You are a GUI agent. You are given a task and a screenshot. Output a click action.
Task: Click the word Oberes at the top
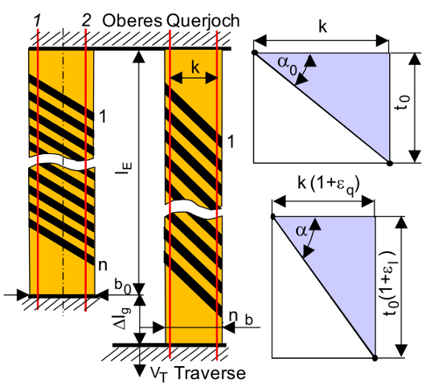[x=132, y=21]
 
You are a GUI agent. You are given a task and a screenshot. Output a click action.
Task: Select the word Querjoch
[x=203, y=21]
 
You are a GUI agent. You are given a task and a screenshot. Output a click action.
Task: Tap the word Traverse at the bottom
[x=210, y=373]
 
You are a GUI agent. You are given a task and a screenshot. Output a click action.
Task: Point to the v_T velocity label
[x=158, y=374]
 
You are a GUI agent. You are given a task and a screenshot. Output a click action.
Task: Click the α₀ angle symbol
[x=287, y=64]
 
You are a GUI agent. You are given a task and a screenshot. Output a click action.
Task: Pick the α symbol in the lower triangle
[x=302, y=231]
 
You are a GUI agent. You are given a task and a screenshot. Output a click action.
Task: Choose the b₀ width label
[x=123, y=287]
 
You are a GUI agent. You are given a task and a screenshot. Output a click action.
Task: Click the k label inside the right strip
[x=195, y=68]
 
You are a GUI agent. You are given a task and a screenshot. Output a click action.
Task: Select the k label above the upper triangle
[x=322, y=26]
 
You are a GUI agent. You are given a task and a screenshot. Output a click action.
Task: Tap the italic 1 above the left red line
[x=38, y=21]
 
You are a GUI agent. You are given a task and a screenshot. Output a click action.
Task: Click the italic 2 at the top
[x=86, y=21]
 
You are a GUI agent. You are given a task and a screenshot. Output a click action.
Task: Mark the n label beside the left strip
[x=103, y=266]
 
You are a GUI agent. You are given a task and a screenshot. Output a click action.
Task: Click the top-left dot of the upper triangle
[x=255, y=52]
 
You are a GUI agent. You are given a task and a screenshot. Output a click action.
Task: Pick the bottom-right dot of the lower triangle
[x=375, y=358]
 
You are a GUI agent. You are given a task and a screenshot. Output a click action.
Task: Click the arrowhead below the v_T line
[x=140, y=370]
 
